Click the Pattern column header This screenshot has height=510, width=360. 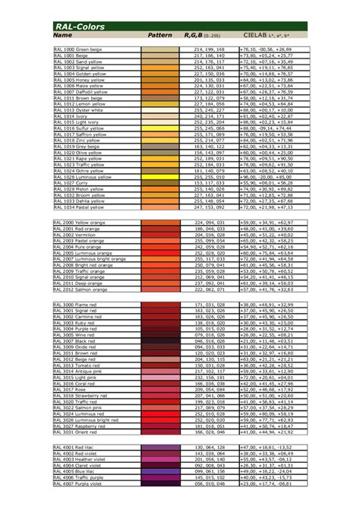(159, 36)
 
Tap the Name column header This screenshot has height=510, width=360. (62, 36)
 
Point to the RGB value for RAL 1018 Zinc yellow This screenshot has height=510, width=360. (209, 141)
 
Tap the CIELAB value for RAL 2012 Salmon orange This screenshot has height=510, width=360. (267, 289)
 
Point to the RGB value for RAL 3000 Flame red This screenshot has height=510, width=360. (209, 305)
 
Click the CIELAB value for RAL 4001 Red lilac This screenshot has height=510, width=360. (266, 448)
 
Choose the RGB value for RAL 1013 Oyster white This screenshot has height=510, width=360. (209, 110)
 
